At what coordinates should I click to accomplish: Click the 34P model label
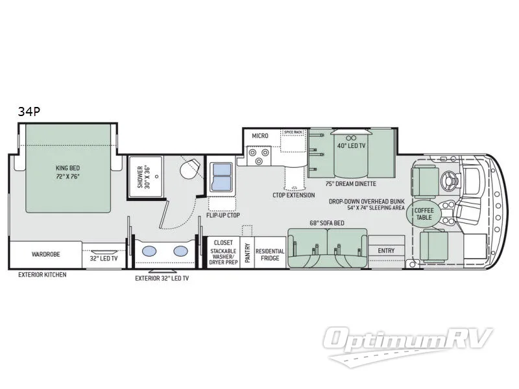pos(29,112)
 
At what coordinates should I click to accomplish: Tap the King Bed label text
pos(67,171)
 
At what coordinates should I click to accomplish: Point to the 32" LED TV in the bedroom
pos(103,257)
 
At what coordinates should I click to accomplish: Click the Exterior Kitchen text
pos(42,274)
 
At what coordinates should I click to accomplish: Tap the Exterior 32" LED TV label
pos(162,279)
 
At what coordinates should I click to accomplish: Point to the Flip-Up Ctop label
pos(223,214)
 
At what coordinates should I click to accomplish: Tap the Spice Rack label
pos(293,132)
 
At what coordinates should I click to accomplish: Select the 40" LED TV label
pos(350,145)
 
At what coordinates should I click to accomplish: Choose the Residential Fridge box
pos(270,253)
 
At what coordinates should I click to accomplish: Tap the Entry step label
pos(386,250)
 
